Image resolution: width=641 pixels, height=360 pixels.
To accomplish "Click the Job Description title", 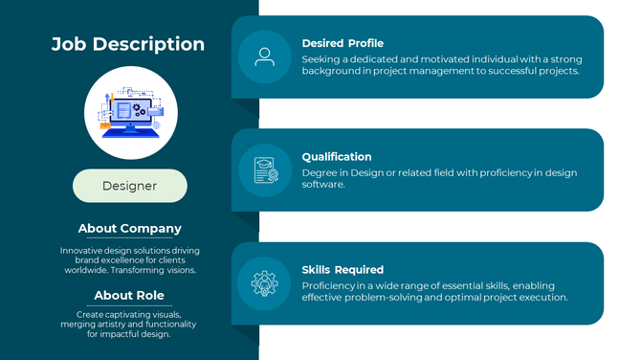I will coord(127,44).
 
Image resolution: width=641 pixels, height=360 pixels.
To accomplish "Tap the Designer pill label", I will coord(129,186).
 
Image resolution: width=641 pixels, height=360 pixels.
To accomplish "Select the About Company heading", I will coord(129,228).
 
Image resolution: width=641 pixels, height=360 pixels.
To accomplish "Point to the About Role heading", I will coord(129,295).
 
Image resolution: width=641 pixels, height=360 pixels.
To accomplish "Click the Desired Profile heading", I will coord(343,43).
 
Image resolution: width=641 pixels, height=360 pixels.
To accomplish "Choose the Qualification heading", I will coord(337,157).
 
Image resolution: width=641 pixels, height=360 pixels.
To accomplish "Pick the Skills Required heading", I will coord(343,270).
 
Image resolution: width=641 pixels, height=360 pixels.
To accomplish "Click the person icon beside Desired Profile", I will coord(264,56).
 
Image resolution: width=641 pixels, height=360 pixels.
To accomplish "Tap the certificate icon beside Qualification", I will coord(264,170).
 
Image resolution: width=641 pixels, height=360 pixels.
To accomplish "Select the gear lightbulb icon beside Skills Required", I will coord(264,283).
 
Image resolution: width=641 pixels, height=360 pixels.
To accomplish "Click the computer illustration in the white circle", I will coord(131,113).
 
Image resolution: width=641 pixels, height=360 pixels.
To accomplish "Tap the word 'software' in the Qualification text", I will coord(322,184).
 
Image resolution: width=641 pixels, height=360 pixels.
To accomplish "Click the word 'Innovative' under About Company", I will coord(80,251).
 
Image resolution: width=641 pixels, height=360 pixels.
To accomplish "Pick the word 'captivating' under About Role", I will coord(130,314).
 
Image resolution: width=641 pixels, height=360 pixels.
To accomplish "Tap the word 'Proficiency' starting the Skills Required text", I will coord(330,285).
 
